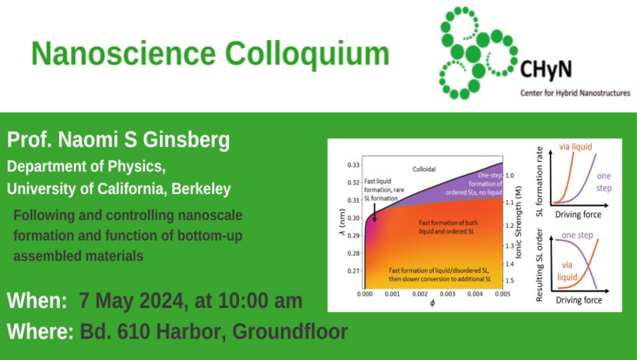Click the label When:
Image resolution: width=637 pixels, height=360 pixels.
[x=37, y=302]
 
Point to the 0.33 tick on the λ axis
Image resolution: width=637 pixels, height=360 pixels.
[x=354, y=164]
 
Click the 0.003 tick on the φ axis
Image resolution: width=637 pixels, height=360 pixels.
[x=447, y=296]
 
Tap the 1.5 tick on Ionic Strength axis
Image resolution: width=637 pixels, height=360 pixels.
[x=510, y=280]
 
